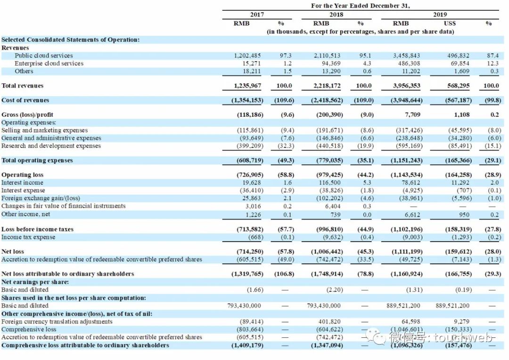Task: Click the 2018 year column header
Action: (x=336, y=15)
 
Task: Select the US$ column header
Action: (x=450, y=23)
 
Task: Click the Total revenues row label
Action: (x=22, y=86)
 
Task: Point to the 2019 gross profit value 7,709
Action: (x=413, y=115)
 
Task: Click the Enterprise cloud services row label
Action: (x=49, y=63)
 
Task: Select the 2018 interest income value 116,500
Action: (x=329, y=182)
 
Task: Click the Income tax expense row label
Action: (x=28, y=237)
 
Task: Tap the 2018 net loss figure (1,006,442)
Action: (x=328, y=252)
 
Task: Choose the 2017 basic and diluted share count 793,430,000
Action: (x=244, y=305)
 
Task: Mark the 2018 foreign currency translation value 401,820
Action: (x=329, y=321)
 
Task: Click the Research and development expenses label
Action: (x=51, y=146)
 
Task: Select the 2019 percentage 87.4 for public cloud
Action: (x=493, y=56)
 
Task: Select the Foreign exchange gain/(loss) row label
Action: (x=41, y=198)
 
